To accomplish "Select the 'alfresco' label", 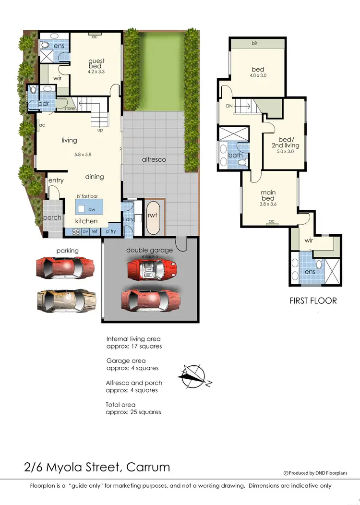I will click(154, 159).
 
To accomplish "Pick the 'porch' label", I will click(52, 217).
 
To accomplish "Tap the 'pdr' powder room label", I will click(44, 105).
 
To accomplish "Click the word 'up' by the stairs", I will click(100, 130).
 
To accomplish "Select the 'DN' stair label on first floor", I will click(230, 105).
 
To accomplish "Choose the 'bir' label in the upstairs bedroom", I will click(254, 43).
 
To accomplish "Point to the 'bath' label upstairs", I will click(235, 155).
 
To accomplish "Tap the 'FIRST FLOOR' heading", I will click(312, 301).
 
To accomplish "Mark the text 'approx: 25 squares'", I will click(133, 412).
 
